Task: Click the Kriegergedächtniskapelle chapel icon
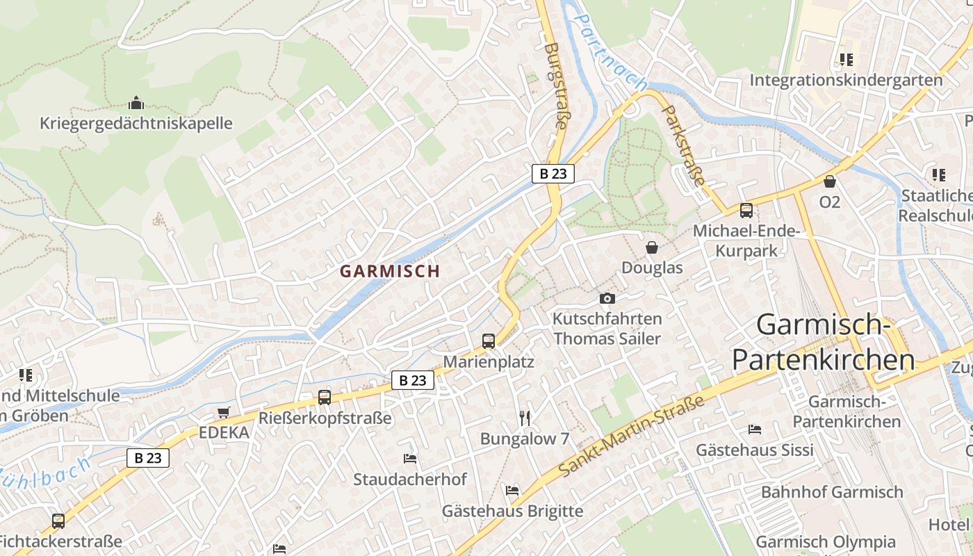point(136,104)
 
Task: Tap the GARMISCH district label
point(390,272)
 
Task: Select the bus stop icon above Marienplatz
point(489,341)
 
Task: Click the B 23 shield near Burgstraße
point(553,174)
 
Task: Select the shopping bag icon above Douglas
point(652,247)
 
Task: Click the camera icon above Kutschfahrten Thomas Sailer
point(607,298)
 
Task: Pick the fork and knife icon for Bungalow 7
point(525,418)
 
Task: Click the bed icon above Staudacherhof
point(410,458)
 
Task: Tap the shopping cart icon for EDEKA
point(223,413)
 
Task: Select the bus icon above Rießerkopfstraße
point(325,397)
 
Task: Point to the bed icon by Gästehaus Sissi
point(755,429)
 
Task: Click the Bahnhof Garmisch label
point(832,492)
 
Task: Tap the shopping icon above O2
point(829,181)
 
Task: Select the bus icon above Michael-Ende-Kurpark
point(746,210)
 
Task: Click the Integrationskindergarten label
point(846,80)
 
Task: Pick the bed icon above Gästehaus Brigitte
point(512,490)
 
